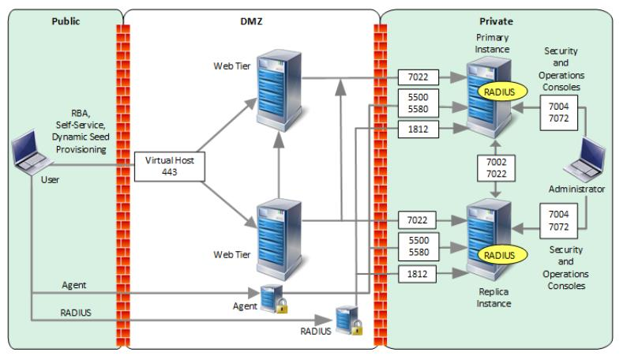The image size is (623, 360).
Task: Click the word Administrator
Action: pos(577,189)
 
